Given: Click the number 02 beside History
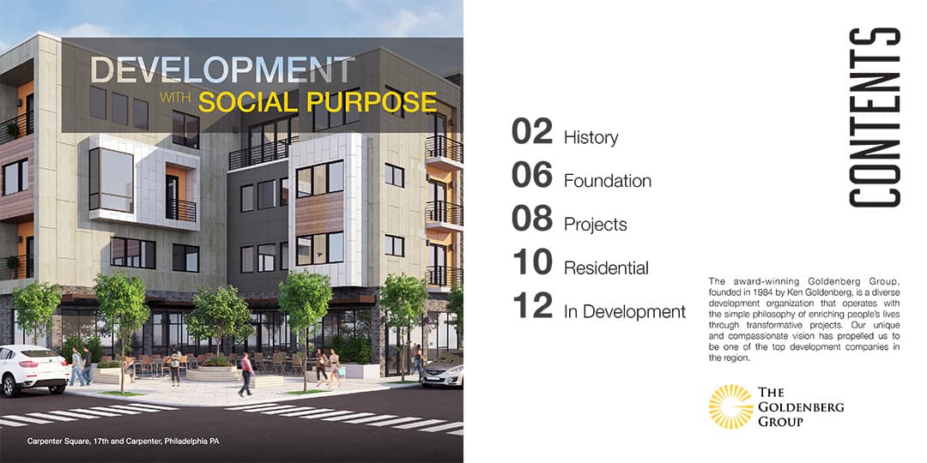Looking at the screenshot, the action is (532, 131).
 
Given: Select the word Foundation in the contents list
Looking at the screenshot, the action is (608, 181).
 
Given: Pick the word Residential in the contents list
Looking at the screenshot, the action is (607, 268).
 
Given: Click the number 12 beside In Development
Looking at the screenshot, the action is (532, 305).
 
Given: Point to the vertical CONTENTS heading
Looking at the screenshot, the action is (875, 117).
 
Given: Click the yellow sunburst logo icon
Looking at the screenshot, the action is (730, 406).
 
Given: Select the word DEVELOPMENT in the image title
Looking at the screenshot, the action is (222, 70).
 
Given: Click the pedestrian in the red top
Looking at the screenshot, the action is (246, 374).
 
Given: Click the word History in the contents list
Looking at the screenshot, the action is (591, 137).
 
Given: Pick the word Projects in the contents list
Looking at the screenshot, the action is (596, 225).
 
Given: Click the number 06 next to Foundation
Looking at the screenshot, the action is (532, 175).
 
